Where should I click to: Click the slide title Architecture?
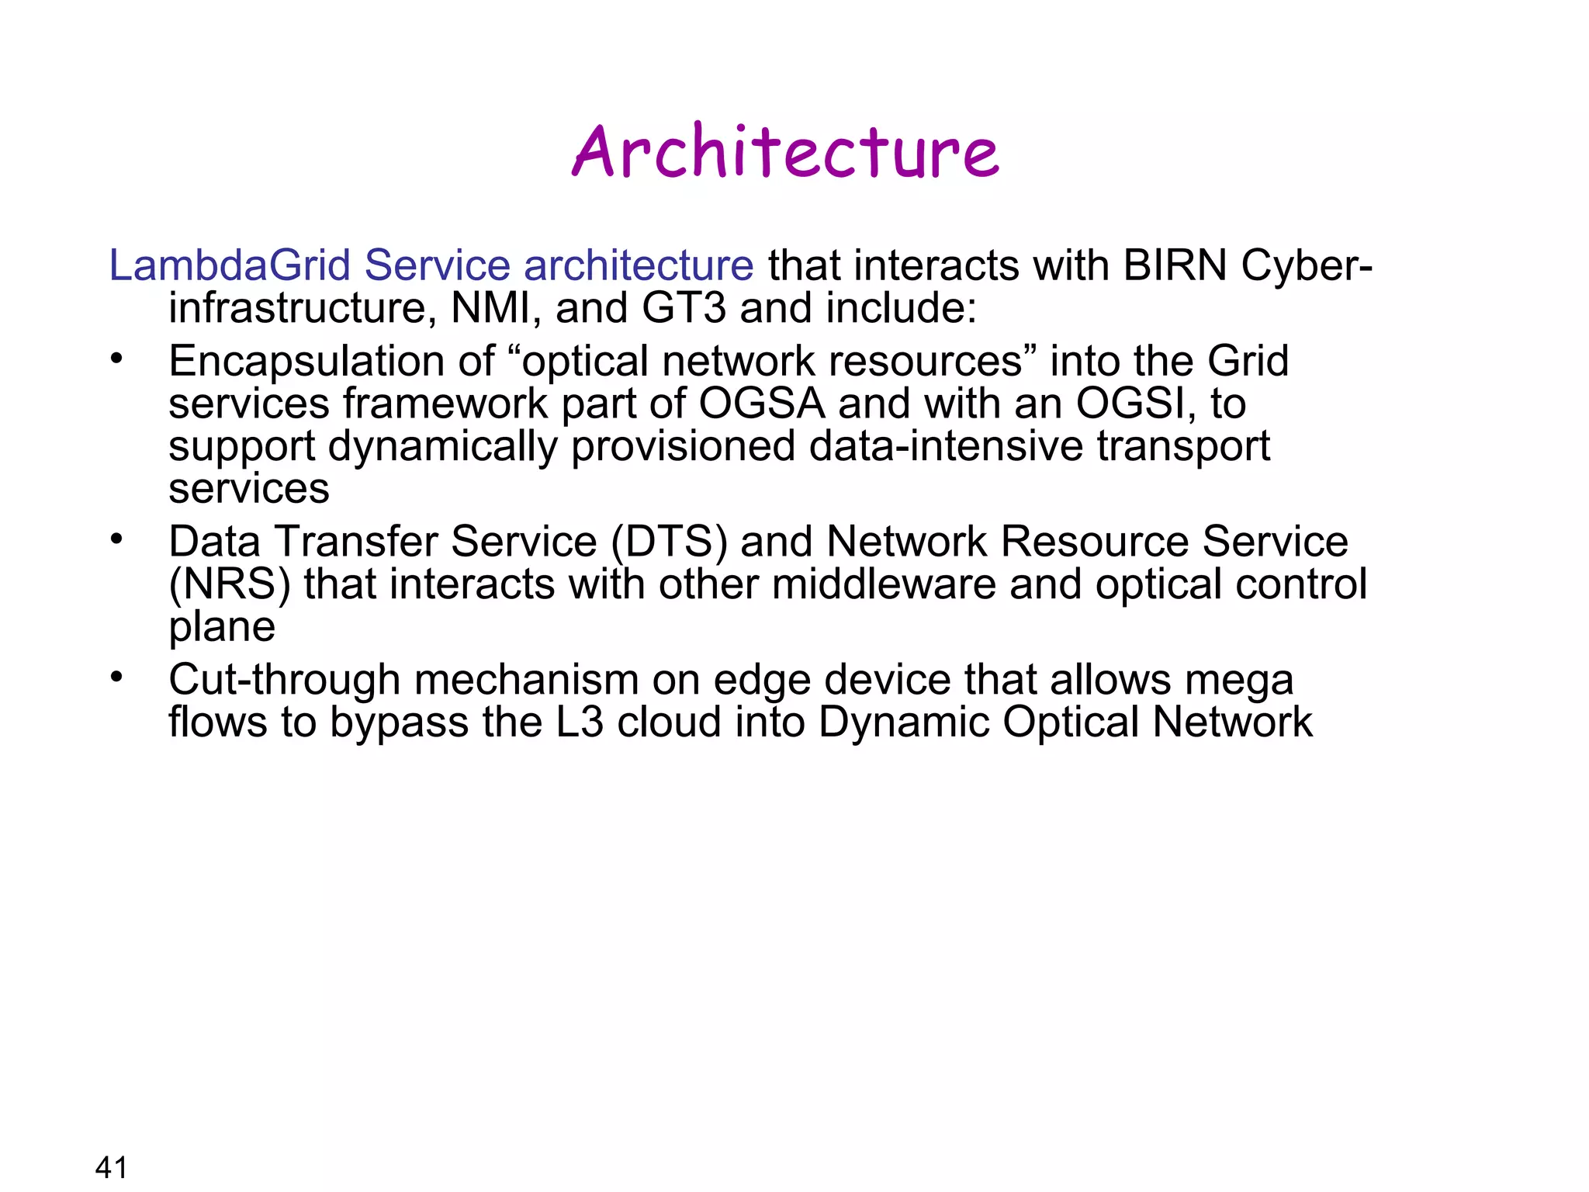[x=785, y=151]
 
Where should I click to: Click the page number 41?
[x=111, y=1166]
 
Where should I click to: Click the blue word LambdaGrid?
[x=230, y=265]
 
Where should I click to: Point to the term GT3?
[x=684, y=308]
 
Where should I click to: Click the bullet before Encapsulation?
[x=116, y=359]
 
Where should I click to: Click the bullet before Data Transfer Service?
[x=116, y=539]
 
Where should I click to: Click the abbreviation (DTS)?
[x=669, y=542]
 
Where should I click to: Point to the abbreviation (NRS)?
[x=230, y=584]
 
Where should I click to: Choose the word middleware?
[x=884, y=584]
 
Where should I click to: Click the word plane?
[x=222, y=627]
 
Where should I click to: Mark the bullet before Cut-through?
[x=116, y=677]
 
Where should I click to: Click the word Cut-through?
[x=284, y=680]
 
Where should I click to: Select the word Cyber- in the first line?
[x=1307, y=265]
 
